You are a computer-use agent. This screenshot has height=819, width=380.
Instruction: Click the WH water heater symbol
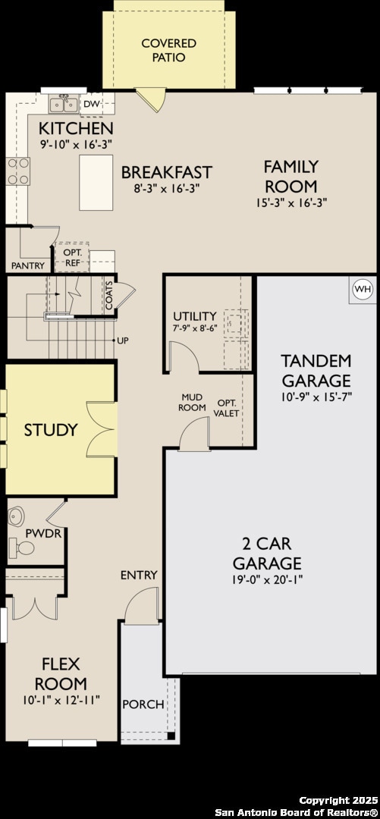[363, 289]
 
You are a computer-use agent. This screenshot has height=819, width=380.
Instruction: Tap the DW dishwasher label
[91, 104]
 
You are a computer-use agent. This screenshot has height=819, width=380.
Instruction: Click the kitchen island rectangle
[96, 182]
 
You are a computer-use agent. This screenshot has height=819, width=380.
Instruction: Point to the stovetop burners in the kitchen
[18, 171]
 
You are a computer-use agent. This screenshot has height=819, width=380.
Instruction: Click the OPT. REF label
[73, 258]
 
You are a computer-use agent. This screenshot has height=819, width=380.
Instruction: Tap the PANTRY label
[28, 265]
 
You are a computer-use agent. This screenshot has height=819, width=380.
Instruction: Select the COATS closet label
[109, 297]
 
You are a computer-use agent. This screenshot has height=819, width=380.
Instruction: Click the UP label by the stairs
[122, 340]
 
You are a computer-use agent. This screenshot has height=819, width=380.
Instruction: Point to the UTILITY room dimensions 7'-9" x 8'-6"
[194, 329]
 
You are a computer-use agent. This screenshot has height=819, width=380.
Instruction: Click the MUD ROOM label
[192, 402]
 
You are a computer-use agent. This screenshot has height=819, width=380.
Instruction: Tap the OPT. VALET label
[228, 408]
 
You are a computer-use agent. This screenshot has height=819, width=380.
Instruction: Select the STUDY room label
[51, 430]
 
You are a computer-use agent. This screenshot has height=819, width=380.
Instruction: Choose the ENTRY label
[139, 575]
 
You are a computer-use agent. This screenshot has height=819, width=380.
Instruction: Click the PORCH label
[143, 704]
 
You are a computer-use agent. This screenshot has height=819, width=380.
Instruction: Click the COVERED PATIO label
[168, 50]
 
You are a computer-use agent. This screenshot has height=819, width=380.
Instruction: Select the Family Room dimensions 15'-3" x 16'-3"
[290, 202]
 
